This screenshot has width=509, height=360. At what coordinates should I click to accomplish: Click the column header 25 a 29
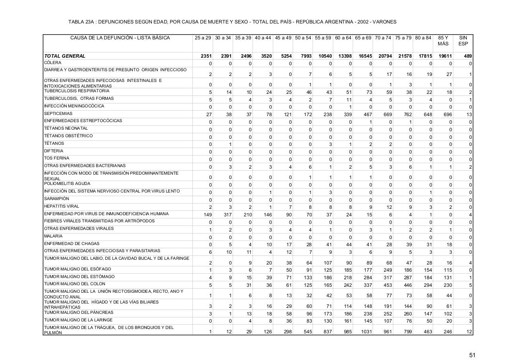click(203, 38)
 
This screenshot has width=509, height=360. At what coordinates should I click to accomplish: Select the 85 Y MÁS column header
click(443, 41)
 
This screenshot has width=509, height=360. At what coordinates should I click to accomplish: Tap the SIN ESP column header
click(463, 41)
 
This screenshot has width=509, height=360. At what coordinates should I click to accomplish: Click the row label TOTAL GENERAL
click(65, 56)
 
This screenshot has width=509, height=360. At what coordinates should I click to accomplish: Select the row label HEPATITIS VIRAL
click(62, 206)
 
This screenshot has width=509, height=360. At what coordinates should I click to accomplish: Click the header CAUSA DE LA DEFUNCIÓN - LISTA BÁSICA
click(120, 38)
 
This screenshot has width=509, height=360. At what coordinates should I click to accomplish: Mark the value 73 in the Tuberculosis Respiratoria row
click(368, 92)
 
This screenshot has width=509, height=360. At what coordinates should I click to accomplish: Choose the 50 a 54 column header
click(303, 38)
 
